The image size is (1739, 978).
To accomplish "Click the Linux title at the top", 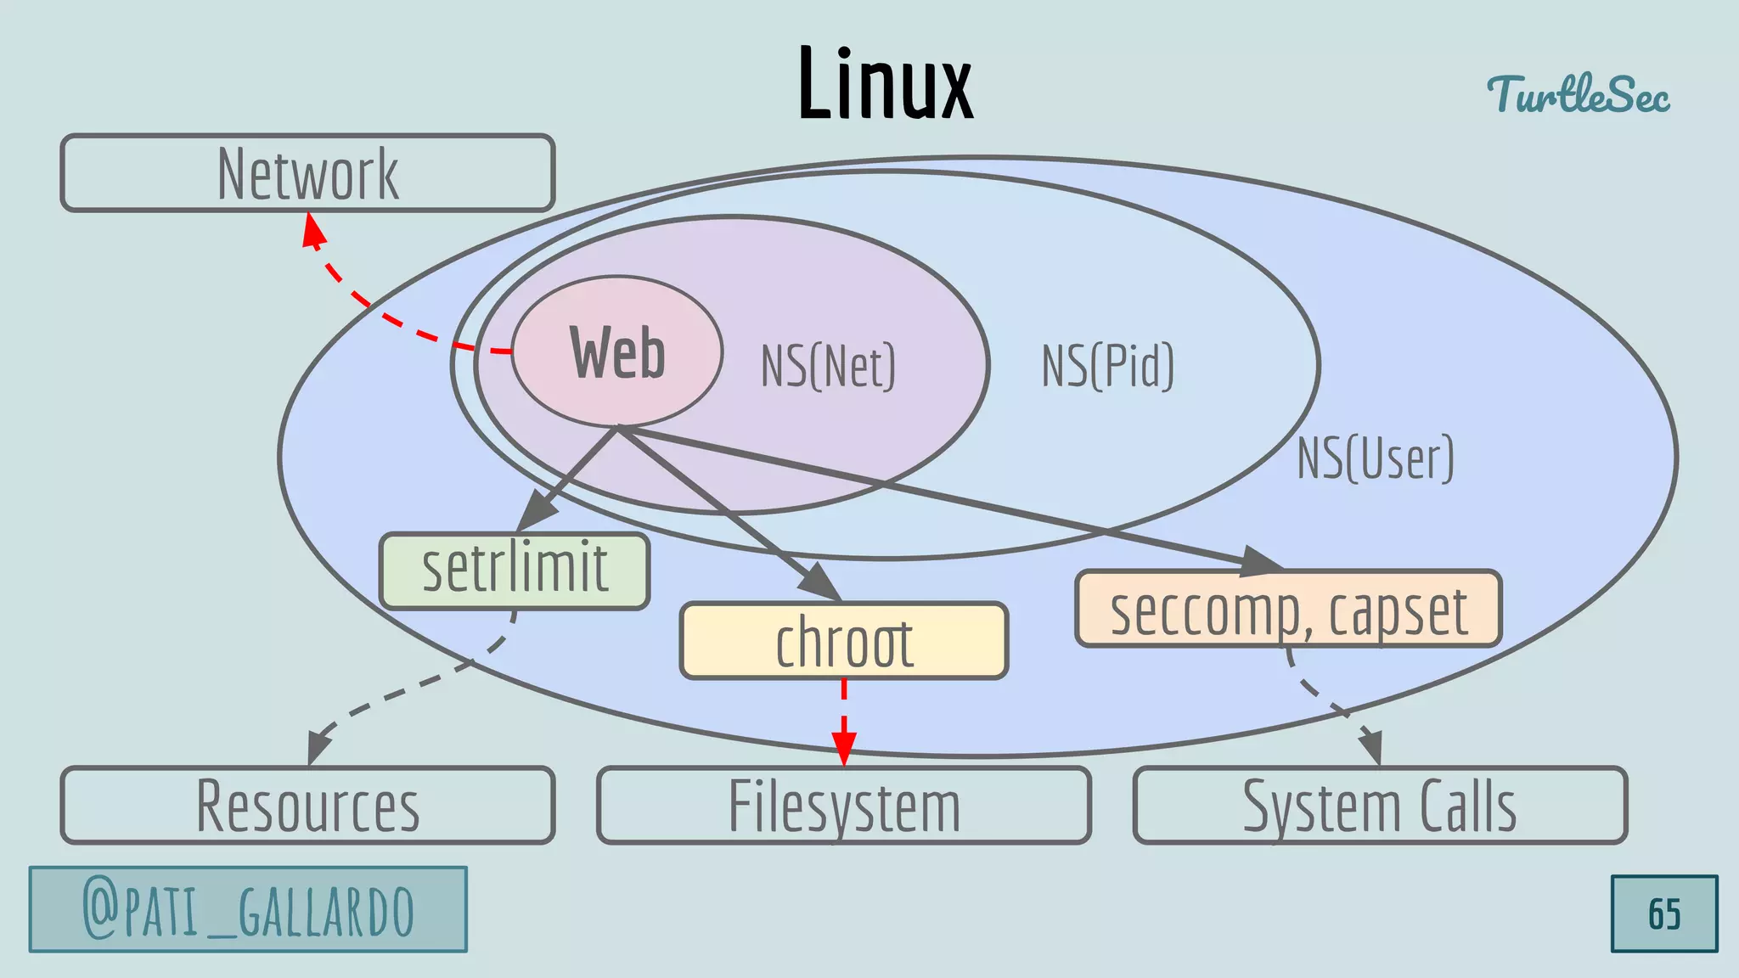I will click(885, 83).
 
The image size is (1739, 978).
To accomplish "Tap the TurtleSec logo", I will click(1578, 93).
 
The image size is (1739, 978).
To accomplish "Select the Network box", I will click(307, 173).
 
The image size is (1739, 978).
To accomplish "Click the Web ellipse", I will click(617, 351).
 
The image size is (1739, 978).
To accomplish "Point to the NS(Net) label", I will click(828, 366).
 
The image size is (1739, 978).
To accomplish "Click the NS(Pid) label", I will click(1108, 366).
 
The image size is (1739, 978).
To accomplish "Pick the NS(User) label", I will click(1376, 458).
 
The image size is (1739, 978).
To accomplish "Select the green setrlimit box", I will click(515, 570).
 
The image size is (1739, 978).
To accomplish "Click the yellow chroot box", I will click(844, 641).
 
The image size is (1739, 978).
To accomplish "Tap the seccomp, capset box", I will click(1288, 609).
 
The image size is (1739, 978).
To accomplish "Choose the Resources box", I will click(307, 805).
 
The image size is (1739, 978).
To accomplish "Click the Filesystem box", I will click(844, 805).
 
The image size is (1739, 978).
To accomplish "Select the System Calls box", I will click(1380, 805).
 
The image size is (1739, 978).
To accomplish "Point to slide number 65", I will click(1664, 914).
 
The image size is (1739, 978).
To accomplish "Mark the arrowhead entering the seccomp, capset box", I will click(1260, 561).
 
